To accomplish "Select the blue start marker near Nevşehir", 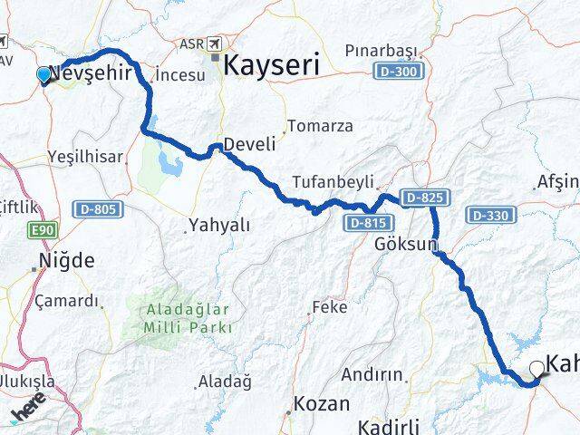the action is tap(43, 74).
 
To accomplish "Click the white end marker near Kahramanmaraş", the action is tap(537, 368).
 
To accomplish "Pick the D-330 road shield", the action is tap(488, 215).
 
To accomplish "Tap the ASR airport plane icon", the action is tap(216, 43).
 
